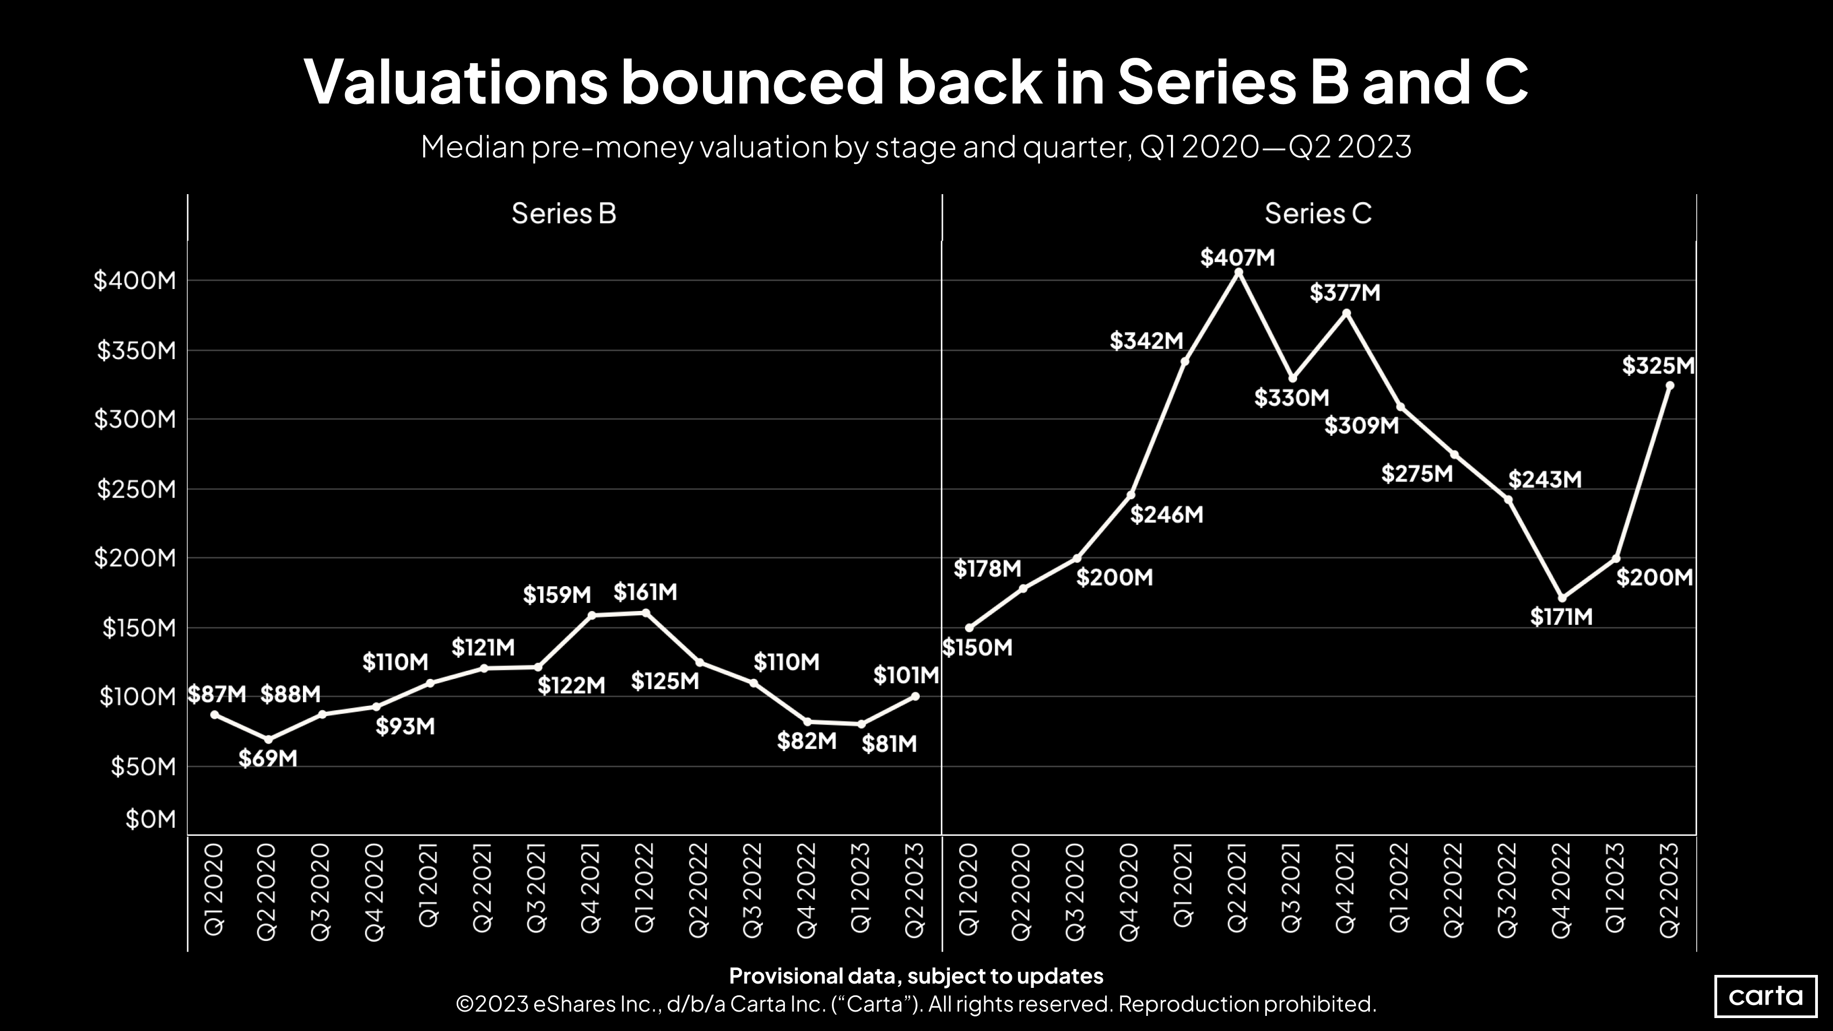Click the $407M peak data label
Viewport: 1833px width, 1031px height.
pos(1237,258)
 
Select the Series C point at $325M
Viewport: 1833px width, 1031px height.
pos(1669,386)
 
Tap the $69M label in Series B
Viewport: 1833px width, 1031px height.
pos(267,759)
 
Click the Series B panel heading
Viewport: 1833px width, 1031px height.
pos(563,214)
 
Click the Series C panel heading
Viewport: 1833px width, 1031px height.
pos(1318,214)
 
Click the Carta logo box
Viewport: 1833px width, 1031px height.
pos(1766,995)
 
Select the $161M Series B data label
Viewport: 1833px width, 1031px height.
pos(645,592)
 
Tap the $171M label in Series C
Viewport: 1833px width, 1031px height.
pos(1561,617)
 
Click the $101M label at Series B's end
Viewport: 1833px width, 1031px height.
pos(905,675)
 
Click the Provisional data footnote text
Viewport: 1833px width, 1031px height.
pos(916,975)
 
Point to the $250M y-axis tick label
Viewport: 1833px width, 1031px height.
pos(136,490)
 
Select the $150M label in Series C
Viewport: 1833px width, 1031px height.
pos(977,648)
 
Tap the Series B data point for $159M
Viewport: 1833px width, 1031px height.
pos(591,615)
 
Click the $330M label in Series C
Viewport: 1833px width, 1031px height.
pos(1291,398)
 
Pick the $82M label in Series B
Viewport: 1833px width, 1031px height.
pos(806,741)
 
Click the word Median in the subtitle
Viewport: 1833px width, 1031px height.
pos(472,147)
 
